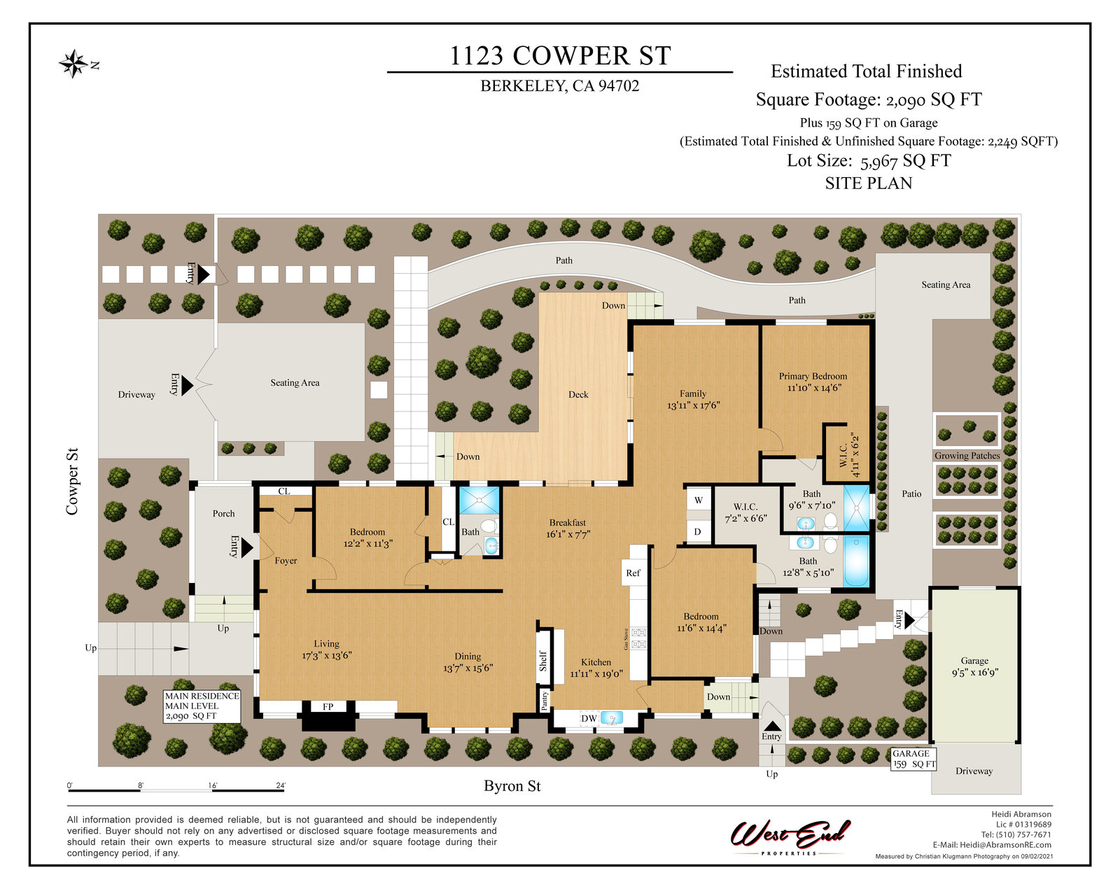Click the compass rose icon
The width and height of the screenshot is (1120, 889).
click(x=74, y=64)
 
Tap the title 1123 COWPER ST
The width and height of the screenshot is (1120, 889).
click(x=560, y=56)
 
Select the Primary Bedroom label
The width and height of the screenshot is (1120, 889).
click(x=813, y=376)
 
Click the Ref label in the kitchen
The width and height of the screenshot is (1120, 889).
click(x=633, y=573)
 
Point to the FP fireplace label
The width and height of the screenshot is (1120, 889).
click(x=328, y=706)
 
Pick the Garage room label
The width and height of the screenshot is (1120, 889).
click(x=974, y=661)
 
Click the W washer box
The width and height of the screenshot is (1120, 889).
click(x=699, y=500)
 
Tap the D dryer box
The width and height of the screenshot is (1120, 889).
click(x=697, y=531)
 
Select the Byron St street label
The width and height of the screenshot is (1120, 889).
click(x=512, y=785)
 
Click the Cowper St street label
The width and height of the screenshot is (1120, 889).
click(x=72, y=482)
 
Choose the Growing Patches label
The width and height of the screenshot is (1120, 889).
click(x=967, y=456)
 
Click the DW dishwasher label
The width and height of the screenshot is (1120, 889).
click(x=589, y=718)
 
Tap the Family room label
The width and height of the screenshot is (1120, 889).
click(x=693, y=393)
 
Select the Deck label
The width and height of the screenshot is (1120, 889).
click(x=578, y=395)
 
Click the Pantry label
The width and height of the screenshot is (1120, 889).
click(x=545, y=701)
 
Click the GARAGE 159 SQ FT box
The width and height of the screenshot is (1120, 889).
click(x=914, y=758)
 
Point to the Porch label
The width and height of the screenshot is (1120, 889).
click(x=224, y=513)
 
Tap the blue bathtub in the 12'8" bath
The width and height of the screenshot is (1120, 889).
click(x=856, y=561)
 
